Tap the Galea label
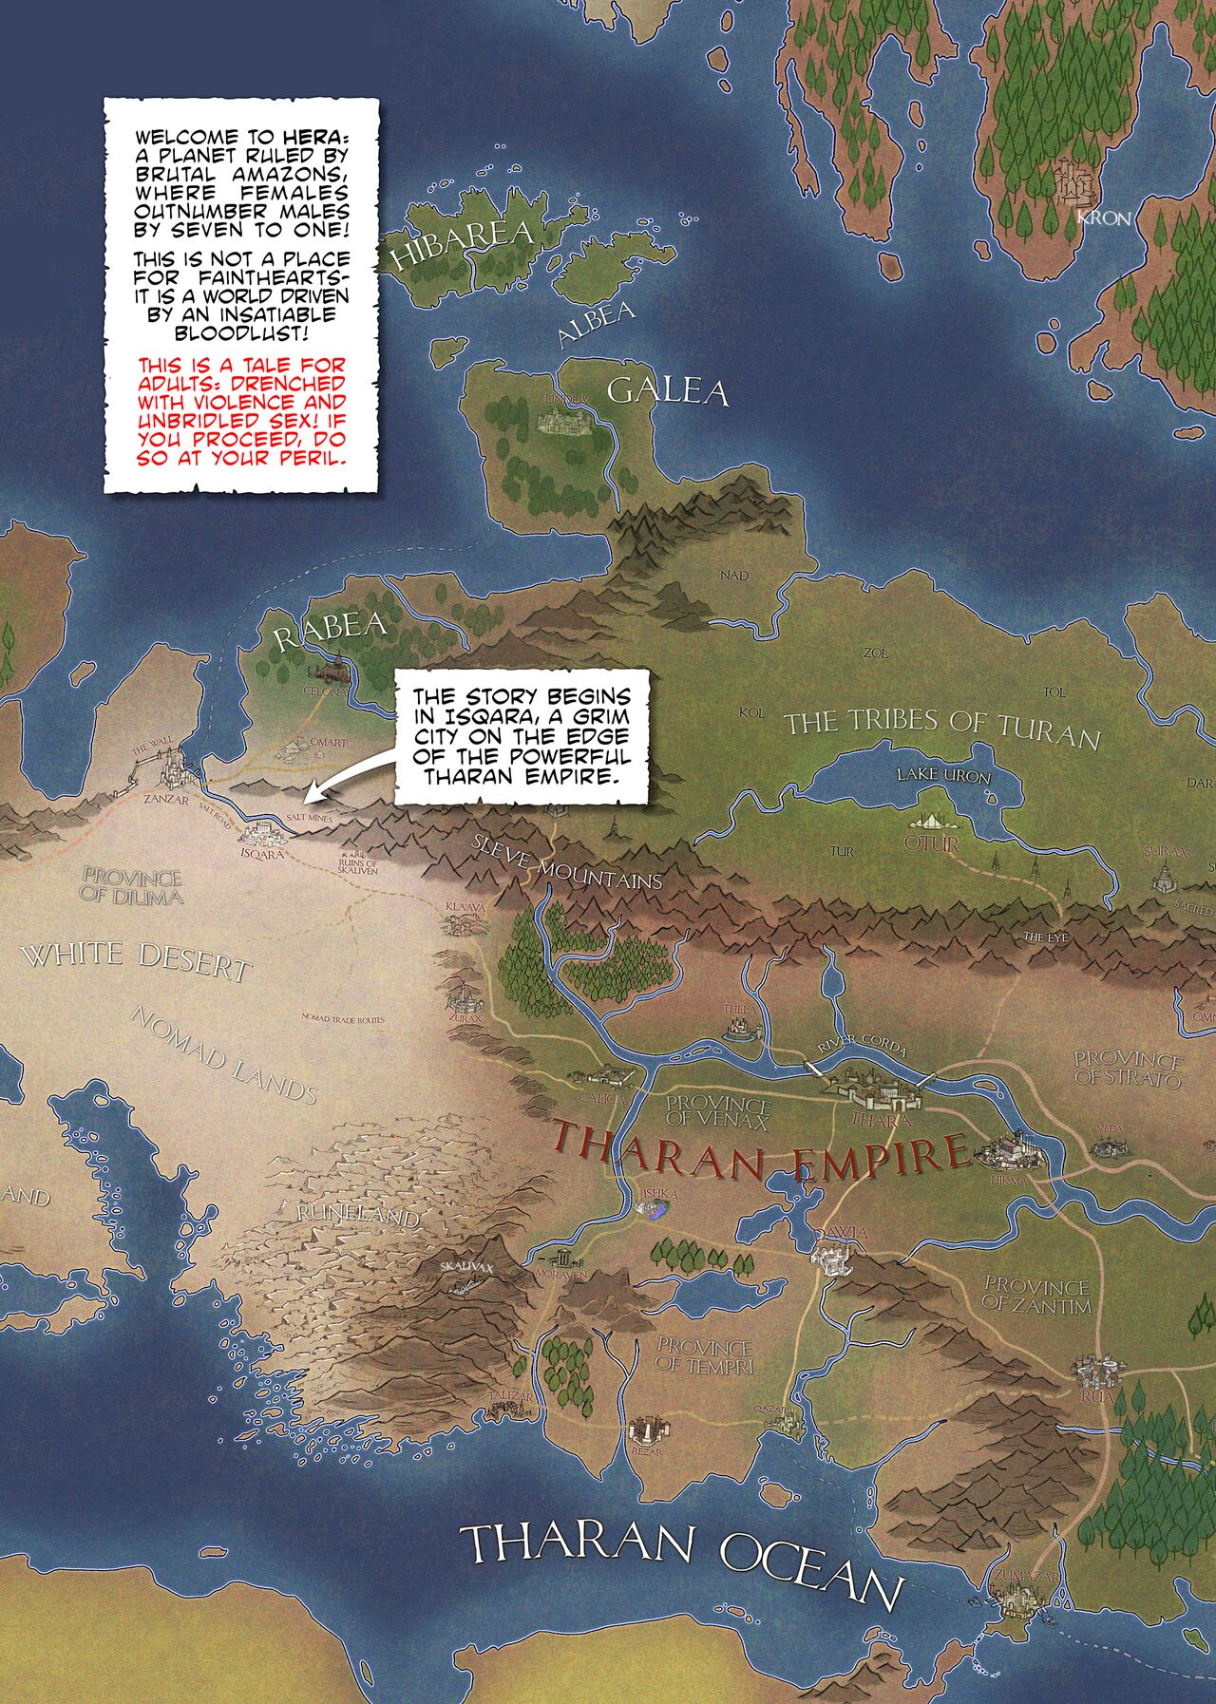pyautogui.click(x=667, y=391)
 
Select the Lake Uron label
pyautogui.click(x=943, y=776)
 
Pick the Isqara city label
pyautogui.click(x=263, y=854)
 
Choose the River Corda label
pyautogui.click(x=863, y=1045)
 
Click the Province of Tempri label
pyautogui.click(x=704, y=1355)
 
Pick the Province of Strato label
pyautogui.click(x=1128, y=1069)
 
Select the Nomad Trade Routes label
pyautogui.click(x=343, y=1019)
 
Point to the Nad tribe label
pyautogui.click(x=734, y=576)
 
